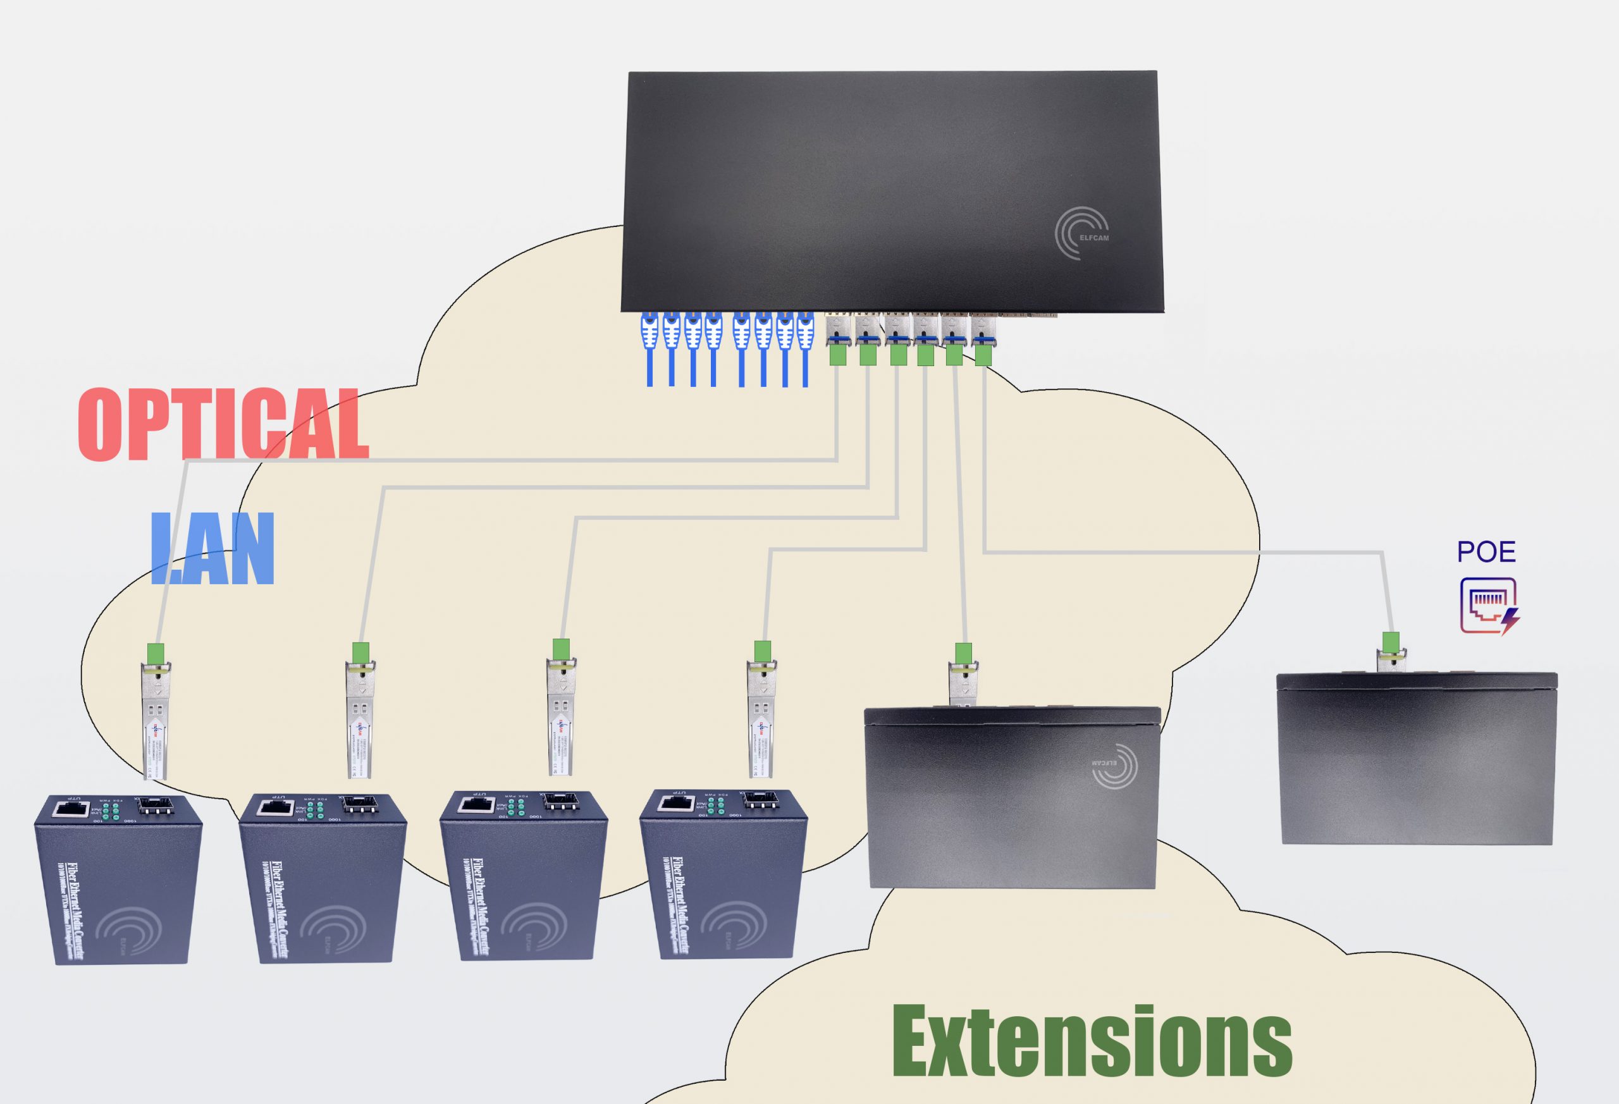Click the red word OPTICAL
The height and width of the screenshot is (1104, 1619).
point(223,424)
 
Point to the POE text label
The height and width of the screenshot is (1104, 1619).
point(1486,553)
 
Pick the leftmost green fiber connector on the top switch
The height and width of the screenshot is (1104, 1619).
point(837,355)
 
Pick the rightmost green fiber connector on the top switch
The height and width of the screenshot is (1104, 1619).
point(983,355)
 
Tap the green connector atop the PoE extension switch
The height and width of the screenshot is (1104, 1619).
point(1391,642)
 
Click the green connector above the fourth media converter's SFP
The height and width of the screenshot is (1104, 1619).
point(763,651)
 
